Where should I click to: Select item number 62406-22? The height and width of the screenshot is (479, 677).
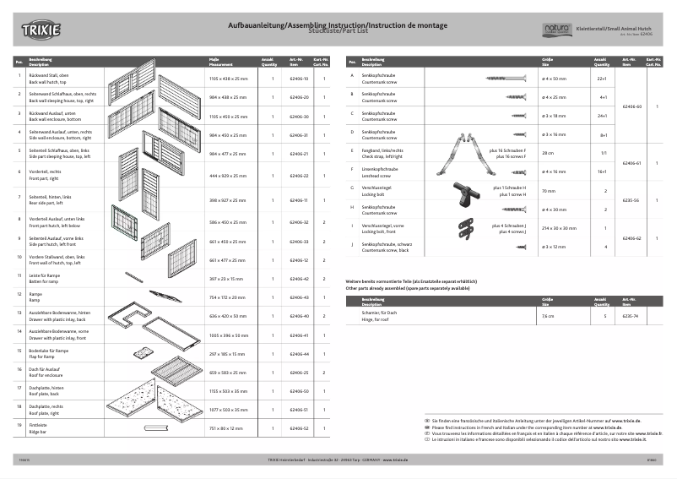coord(298,176)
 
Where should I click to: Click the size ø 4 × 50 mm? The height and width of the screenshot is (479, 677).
coord(554,78)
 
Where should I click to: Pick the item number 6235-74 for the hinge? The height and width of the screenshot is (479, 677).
coord(631,315)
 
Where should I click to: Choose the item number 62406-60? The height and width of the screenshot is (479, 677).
coord(631,106)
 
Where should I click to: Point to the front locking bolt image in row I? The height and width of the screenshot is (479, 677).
coord(463,228)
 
